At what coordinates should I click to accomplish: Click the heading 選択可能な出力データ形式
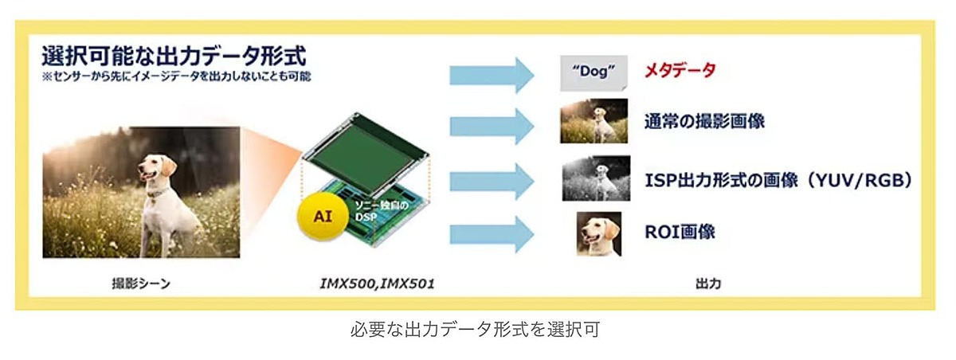[174, 58]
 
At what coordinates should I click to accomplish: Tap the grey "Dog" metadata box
[593, 71]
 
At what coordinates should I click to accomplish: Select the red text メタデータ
[680, 71]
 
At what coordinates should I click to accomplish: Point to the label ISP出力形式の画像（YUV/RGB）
[777, 181]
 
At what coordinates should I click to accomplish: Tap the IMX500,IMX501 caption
[372, 284]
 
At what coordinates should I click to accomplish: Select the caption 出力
[707, 284]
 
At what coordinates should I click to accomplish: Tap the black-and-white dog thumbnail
[595, 178]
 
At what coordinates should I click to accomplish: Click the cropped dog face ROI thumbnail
[599, 232]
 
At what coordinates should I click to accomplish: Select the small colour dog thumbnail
[594, 121]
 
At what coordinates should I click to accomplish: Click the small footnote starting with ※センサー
[176, 77]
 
